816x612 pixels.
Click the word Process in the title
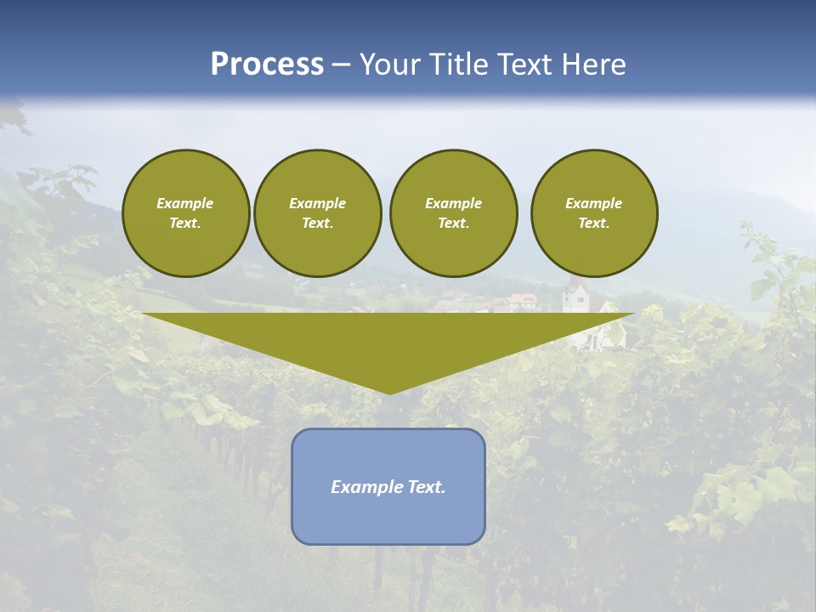point(267,65)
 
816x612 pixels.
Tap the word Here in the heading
point(594,65)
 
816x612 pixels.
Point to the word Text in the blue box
point(424,487)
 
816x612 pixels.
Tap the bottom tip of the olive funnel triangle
point(389,392)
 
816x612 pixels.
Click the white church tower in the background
point(576,297)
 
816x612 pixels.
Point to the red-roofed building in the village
point(522,300)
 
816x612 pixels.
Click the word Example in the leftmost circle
point(185,203)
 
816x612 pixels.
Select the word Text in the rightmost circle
point(593,223)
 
